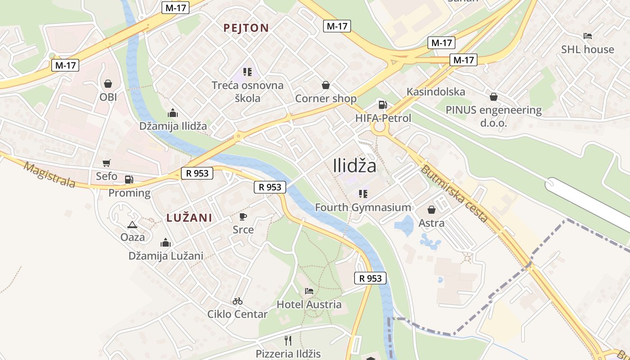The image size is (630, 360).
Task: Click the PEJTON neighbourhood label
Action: [246, 28]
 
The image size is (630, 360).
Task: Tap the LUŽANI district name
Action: [189, 218]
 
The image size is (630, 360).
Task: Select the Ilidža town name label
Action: [355, 166]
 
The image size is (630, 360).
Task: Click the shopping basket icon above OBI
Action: [108, 84]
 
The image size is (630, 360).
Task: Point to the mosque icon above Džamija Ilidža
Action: [172, 113]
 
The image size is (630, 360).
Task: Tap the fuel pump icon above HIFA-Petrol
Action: [382, 105]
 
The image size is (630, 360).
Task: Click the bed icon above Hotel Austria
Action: [309, 291]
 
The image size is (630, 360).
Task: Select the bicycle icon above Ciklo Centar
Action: [238, 301]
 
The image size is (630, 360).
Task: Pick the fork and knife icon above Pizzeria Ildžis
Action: [288, 340]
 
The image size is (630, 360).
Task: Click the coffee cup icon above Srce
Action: [243, 216]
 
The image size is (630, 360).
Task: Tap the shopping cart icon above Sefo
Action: [107, 163]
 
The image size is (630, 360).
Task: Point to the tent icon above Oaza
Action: [132, 224]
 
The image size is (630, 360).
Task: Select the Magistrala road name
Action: [49, 175]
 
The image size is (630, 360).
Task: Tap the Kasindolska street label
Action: [436, 92]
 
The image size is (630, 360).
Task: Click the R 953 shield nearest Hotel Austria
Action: [371, 279]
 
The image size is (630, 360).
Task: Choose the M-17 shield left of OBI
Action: [66, 65]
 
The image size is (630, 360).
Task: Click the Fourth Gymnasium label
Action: [363, 207]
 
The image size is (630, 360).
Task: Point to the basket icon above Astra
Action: [432, 210]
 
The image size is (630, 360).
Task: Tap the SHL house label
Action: [587, 49]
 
